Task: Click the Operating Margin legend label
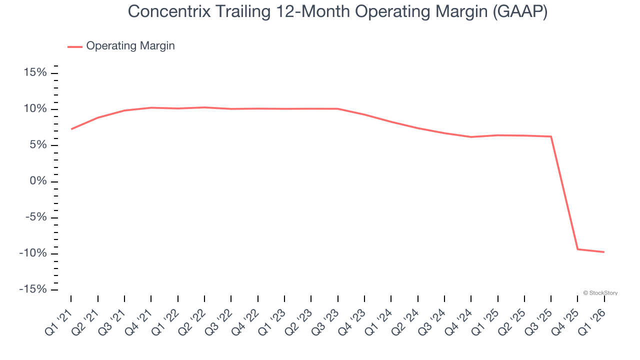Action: tap(130, 46)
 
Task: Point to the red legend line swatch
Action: tap(74, 46)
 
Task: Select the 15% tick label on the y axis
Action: tap(35, 73)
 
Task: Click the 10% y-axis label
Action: tap(35, 109)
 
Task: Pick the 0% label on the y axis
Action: tap(38, 181)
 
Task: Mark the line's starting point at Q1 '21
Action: tap(71, 129)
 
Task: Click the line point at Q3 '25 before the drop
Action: tap(551, 136)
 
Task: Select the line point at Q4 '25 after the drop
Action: tap(577, 249)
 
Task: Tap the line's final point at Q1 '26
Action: tap(604, 252)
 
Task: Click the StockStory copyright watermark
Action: tap(600, 293)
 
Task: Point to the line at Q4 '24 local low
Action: tap(471, 137)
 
